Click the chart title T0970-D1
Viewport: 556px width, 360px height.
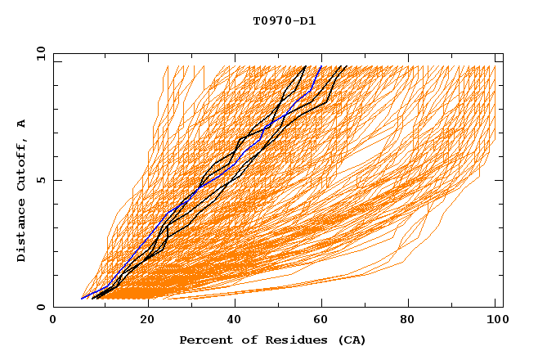[x=284, y=20]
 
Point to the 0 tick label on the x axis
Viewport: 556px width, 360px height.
[x=53, y=321]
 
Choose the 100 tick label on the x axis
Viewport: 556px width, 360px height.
[x=495, y=321]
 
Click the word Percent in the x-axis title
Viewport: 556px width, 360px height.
[x=203, y=340]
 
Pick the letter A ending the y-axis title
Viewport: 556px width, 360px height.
[x=22, y=124]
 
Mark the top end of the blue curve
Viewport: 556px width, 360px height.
[x=321, y=66]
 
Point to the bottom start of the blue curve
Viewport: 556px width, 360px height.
[x=82, y=299]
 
